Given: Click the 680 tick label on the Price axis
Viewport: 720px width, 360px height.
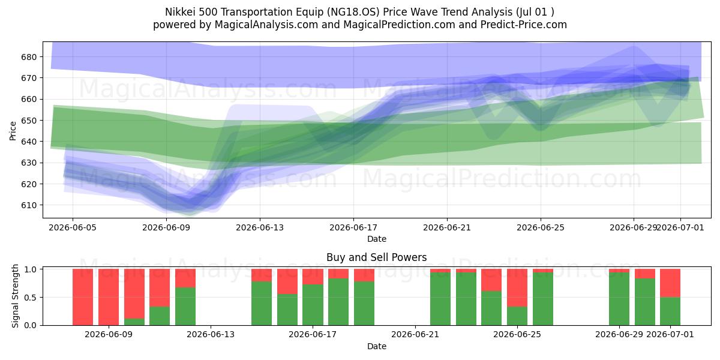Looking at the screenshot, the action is [x=29, y=57].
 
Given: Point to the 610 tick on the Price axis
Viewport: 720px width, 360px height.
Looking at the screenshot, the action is [x=29, y=205].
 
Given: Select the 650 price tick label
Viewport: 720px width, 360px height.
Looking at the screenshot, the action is [x=29, y=121].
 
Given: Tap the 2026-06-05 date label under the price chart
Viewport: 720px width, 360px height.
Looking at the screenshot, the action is [x=73, y=227].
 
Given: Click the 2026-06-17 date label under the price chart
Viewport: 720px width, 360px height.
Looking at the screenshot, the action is [x=353, y=227].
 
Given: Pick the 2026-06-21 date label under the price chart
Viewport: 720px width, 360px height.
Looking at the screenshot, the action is [x=447, y=227].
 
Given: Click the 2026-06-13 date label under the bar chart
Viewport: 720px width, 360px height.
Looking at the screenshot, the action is [x=211, y=335].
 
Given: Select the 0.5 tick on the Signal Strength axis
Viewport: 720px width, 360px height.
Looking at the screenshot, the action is [x=31, y=298].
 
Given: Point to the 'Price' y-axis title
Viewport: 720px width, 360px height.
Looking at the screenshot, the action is [x=13, y=131].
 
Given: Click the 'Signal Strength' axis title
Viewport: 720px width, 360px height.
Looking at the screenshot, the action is [x=15, y=296].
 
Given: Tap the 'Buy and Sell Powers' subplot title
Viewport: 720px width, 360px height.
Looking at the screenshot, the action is [x=377, y=257].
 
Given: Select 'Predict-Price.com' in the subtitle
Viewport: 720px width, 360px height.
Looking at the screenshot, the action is [x=524, y=25].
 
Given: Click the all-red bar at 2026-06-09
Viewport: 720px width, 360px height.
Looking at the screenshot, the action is [x=109, y=297].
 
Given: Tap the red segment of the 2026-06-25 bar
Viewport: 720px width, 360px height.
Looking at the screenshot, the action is [x=517, y=287].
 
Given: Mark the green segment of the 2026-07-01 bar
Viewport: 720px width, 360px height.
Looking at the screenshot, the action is [x=670, y=311].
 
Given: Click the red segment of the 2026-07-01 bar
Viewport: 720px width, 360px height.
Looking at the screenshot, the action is [x=670, y=283].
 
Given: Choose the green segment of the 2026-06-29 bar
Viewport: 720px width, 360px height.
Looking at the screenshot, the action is [x=619, y=299].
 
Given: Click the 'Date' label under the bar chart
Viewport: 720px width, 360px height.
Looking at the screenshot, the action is [x=377, y=346].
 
